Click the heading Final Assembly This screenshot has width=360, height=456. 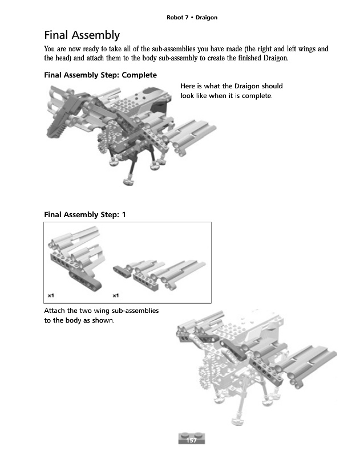(82, 35)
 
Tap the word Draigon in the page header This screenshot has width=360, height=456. (207, 18)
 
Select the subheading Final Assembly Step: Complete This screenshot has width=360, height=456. (100, 75)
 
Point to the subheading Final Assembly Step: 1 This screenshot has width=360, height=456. (85, 215)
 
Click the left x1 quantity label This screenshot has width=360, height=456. (51, 295)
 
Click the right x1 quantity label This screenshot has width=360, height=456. (115, 295)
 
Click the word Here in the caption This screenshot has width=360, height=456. (188, 86)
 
